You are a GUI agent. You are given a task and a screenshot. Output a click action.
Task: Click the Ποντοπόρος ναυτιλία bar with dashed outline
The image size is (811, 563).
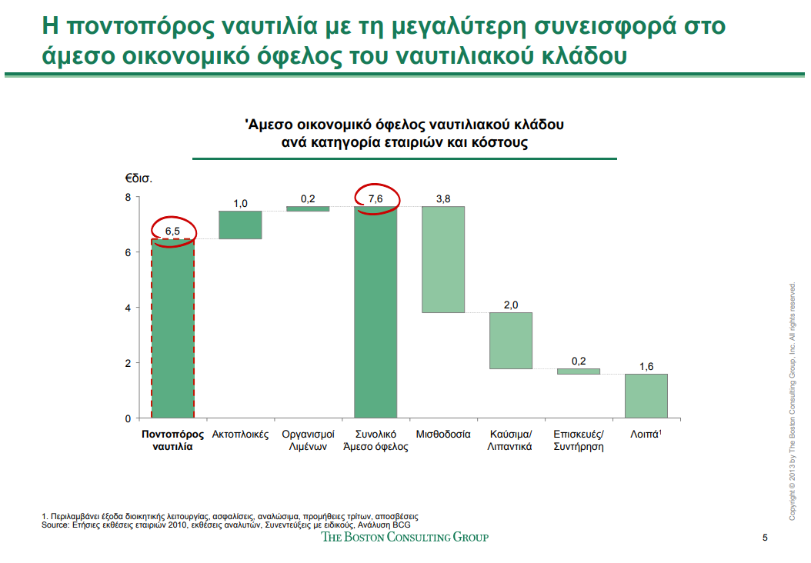coord(172,328)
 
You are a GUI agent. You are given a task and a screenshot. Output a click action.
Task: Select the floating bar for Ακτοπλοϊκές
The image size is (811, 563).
coord(240,225)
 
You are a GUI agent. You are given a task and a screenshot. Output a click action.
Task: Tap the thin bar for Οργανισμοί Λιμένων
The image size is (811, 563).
coord(308,208)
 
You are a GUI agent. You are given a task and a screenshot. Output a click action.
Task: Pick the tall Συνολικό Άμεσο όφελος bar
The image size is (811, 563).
coord(375,311)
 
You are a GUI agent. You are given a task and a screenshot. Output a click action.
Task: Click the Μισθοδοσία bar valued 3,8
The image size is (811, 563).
coord(443,259)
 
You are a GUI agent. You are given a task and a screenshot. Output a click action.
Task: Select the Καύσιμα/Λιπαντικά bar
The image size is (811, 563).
coord(511,340)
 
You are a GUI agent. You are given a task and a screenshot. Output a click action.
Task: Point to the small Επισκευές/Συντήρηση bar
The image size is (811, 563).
coord(578,371)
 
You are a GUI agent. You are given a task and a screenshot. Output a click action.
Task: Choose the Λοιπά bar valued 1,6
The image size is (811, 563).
coord(646,395)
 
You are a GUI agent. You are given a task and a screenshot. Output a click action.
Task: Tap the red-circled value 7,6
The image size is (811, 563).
coord(375,198)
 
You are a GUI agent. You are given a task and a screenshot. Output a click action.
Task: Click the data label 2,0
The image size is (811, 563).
coord(511,305)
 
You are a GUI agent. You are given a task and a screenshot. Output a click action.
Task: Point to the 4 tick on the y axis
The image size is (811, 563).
coord(127,307)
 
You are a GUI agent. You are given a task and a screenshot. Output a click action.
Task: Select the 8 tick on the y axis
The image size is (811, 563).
coord(127,197)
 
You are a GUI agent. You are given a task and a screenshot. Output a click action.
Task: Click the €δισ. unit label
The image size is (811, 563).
coord(139,178)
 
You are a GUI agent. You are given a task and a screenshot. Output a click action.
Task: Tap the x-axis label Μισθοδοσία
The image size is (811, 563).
coord(443,434)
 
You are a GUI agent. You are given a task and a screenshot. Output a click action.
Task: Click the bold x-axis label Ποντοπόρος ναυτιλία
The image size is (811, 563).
coord(172,440)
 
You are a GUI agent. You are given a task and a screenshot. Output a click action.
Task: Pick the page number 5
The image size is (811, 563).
coord(764,538)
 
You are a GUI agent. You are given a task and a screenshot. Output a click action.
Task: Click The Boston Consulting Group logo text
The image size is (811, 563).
coord(405,537)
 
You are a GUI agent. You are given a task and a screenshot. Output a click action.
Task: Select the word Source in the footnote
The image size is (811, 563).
coord(55,524)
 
